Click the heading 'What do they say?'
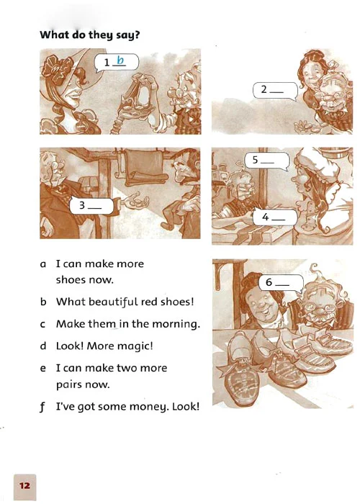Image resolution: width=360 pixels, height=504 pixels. pyautogui.click(x=90, y=35)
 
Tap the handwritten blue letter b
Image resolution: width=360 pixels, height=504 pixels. pyautogui.click(x=120, y=60)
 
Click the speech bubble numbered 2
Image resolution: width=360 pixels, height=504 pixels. pyautogui.click(x=275, y=91)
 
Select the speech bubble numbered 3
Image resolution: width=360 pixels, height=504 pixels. pyautogui.click(x=91, y=206)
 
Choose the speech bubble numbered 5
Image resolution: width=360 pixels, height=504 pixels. pyautogui.click(x=267, y=161)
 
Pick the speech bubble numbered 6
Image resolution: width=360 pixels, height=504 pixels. pyautogui.click(x=281, y=283)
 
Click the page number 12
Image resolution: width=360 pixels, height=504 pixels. pyautogui.click(x=24, y=485)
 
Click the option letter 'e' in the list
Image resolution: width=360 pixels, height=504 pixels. pyautogui.click(x=42, y=369)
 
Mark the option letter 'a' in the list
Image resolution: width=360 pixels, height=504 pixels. pyautogui.click(x=43, y=264)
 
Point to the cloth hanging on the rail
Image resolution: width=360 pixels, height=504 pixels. pyautogui.click(x=146, y=167)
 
